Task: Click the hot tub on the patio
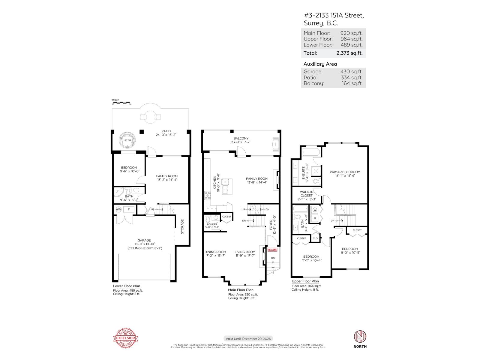[x=127, y=140]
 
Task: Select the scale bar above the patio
[x=121, y=103]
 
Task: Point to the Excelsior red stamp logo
[x=126, y=338]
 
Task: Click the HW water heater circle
[x=118, y=209]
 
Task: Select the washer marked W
[x=315, y=210]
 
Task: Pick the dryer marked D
[x=315, y=218]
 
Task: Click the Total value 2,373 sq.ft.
[x=349, y=53]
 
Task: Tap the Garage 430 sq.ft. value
[x=351, y=71]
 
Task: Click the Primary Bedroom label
[x=345, y=172]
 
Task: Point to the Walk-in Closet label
[x=306, y=193]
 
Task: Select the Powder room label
[x=212, y=224]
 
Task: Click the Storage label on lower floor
[x=182, y=226]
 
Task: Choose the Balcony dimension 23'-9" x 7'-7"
[x=241, y=142]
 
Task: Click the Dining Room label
[x=215, y=252]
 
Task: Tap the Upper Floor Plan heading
[x=305, y=281]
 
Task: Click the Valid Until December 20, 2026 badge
[x=248, y=338]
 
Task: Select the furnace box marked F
[x=129, y=209]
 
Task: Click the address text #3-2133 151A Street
[x=334, y=16]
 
